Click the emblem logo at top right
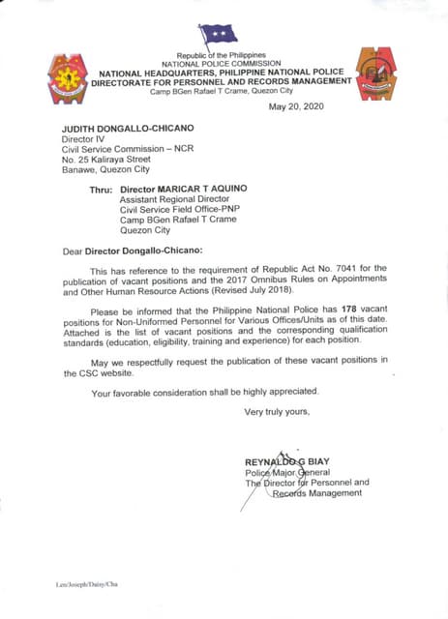(375, 73)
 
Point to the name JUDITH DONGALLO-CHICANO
(114, 128)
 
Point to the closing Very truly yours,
(277, 412)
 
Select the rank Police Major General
(287, 471)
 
